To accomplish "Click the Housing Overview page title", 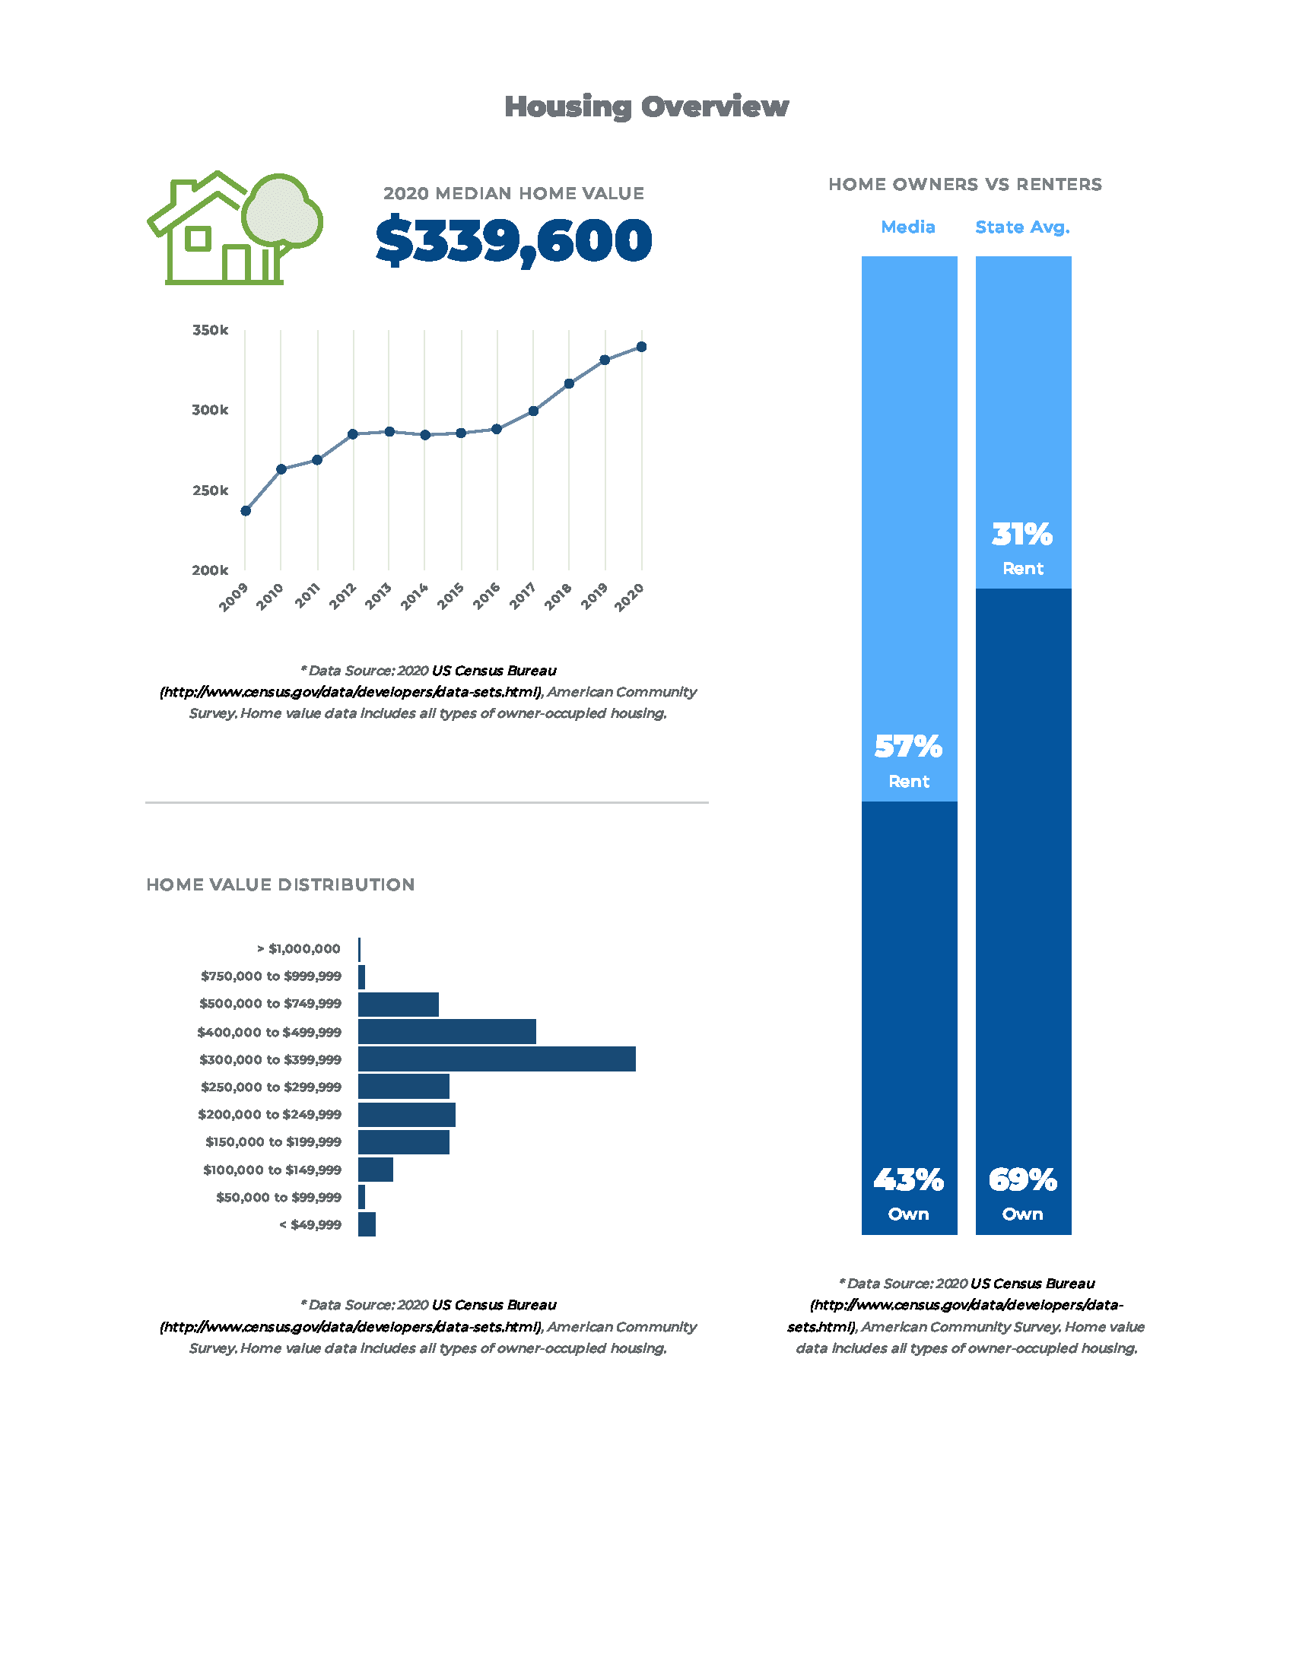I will coord(646,106).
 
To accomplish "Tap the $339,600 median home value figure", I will coord(513,240).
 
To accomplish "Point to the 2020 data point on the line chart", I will coord(642,347).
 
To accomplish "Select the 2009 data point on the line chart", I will coord(246,511).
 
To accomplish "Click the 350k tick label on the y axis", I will coord(210,330).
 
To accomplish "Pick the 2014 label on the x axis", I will coord(415,596).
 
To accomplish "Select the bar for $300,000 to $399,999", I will coord(497,1059).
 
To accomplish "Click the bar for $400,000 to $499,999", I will coord(446,1032).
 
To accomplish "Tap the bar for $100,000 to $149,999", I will coord(375,1170).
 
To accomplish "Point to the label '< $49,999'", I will coord(310,1225).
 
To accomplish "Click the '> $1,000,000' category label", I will coord(299,949).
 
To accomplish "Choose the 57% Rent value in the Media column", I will coord(908,747).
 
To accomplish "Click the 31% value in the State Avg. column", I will coord(1021,535).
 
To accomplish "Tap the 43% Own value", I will coord(908,1180).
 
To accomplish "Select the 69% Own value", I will coord(1021,1180).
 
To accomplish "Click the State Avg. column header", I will coord(1021,227).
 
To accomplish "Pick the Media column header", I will coord(907,227).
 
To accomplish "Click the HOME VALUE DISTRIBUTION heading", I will coord(281,884).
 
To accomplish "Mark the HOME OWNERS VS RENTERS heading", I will coord(964,185).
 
